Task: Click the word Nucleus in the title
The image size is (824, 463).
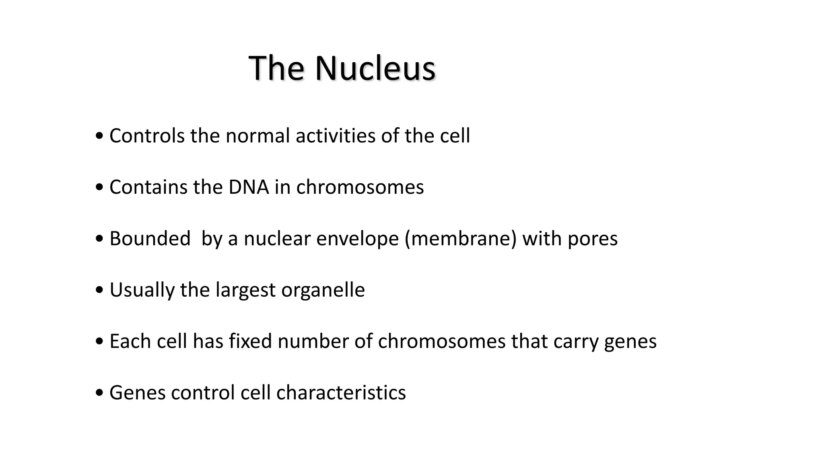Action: [x=375, y=68]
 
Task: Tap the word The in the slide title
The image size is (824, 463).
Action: [x=276, y=68]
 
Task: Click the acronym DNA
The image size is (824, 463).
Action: [x=249, y=187]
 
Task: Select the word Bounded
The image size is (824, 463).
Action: [x=150, y=239]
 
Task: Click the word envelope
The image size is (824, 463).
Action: [x=357, y=239]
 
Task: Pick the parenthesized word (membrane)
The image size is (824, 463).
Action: [x=460, y=239]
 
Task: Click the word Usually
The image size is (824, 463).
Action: [x=142, y=290]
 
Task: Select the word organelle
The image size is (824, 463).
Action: [x=323, y=290]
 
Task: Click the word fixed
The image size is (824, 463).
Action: [x=250, y=341]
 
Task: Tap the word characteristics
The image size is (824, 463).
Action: [x=341, y=393]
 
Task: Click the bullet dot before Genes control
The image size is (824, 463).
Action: [x=99, y=393]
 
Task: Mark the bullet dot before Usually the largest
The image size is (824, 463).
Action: [x=99, y=291]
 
